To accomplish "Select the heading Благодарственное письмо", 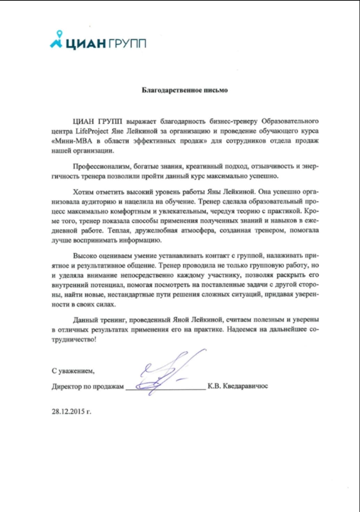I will pos(185,90).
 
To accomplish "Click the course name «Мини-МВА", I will pos(72,141).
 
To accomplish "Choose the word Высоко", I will pos(84,256).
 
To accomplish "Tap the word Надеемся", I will pos(242,329).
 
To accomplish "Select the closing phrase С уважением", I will pos(73,371).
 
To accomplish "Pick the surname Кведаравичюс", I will pos(245,386).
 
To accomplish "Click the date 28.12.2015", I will pos(68,412).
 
